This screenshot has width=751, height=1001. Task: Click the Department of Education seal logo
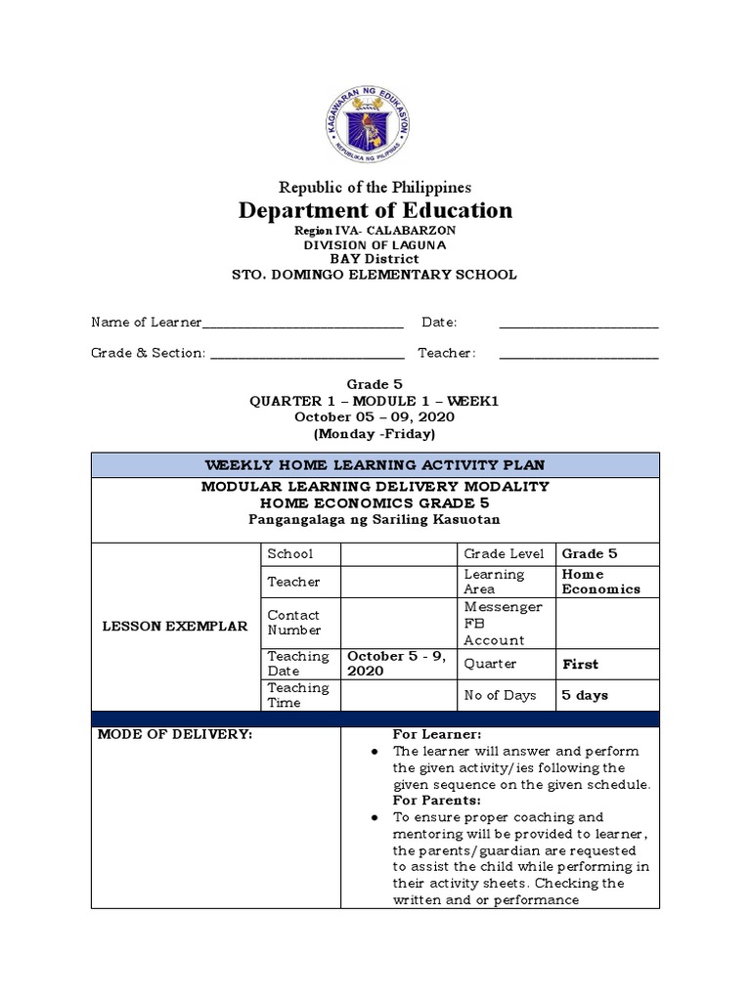coord(375,121)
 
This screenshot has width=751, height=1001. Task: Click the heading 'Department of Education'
coord(375,210)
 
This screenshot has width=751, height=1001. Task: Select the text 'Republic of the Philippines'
coord(375,187)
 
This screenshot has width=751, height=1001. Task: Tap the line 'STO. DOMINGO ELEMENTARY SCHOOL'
coord(375,275)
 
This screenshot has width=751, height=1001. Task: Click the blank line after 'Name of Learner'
coord(302,324)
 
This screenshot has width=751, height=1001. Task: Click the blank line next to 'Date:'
coord(579,324)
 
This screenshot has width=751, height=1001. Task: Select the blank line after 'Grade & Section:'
coord(307,354)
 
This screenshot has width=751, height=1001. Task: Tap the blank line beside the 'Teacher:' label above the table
coord(579,354)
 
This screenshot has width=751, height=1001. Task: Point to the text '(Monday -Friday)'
coord(375,433)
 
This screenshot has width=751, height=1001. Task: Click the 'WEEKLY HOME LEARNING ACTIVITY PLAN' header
coord(375,464)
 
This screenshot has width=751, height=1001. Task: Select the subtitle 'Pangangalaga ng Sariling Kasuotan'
coord(375,519)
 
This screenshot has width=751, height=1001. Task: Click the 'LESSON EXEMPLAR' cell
coord(176,626)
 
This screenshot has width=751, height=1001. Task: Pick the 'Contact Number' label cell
coord(300,623)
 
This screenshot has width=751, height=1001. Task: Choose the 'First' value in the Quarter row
coord(581,664)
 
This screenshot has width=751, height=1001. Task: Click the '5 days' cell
coord(585,695)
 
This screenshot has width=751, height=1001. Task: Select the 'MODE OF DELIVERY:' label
coord(175,734)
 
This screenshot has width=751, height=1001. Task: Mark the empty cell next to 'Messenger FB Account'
coord(607,624)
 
